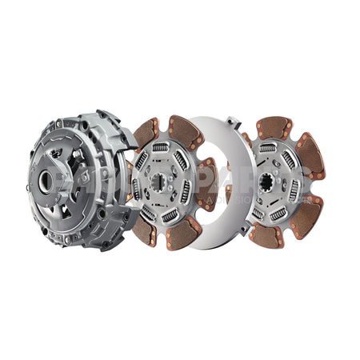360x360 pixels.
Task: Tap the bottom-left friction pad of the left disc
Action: pyautogui.click(x=143, y=230)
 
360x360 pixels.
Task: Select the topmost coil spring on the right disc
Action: pyautogui.click(x=268, y=148)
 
